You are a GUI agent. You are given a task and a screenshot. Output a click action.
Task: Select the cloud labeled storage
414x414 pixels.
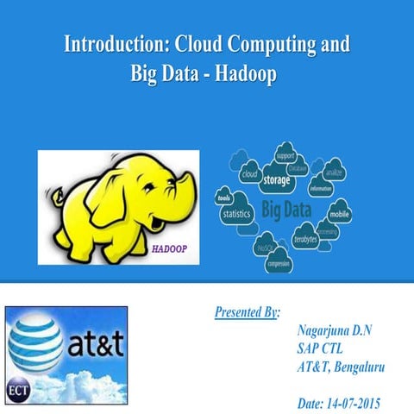[275, 179]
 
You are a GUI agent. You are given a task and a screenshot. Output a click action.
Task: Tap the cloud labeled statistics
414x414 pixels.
[235, 213]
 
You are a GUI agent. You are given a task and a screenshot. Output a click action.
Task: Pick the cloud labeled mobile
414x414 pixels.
[339, 212]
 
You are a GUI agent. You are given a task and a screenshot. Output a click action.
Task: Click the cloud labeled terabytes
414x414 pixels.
[304, 238]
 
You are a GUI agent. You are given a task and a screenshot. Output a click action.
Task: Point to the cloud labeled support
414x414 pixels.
[285, 156]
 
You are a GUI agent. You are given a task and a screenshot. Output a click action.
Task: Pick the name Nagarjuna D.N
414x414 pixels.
[333, 331]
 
